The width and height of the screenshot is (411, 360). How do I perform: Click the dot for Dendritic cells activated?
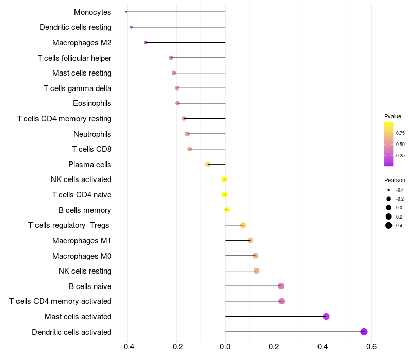[364, 332]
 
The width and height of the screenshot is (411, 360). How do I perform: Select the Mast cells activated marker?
[326, 316]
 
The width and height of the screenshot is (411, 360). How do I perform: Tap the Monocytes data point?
[126, 12]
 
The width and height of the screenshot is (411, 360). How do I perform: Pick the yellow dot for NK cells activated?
[225, 179]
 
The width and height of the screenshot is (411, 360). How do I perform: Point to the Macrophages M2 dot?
[146, 42]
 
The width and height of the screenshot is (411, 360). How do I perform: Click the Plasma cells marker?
[208, 164]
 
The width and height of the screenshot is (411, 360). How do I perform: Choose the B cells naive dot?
[281, 286]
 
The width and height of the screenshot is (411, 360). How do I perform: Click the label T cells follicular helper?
[74, 58]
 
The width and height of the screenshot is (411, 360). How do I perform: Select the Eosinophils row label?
[92, 103]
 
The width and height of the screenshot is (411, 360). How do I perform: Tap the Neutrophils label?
[92, 134]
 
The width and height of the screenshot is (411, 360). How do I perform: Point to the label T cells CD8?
[91, 149]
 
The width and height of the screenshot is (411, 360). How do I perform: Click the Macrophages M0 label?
[82, 256]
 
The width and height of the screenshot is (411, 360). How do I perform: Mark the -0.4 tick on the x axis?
[128, 347]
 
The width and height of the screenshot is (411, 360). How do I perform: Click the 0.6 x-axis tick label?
[371, 347]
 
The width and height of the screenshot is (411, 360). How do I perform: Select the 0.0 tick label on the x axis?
[225, 347]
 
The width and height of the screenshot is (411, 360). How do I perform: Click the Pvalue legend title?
[393, 116]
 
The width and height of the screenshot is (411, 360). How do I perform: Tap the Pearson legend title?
[395, 180]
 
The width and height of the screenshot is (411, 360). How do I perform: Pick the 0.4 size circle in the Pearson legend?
[389, 225]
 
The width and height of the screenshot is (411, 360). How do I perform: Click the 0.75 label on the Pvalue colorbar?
[400, 133]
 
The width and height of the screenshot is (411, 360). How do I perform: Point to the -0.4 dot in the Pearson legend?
[389, 190]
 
